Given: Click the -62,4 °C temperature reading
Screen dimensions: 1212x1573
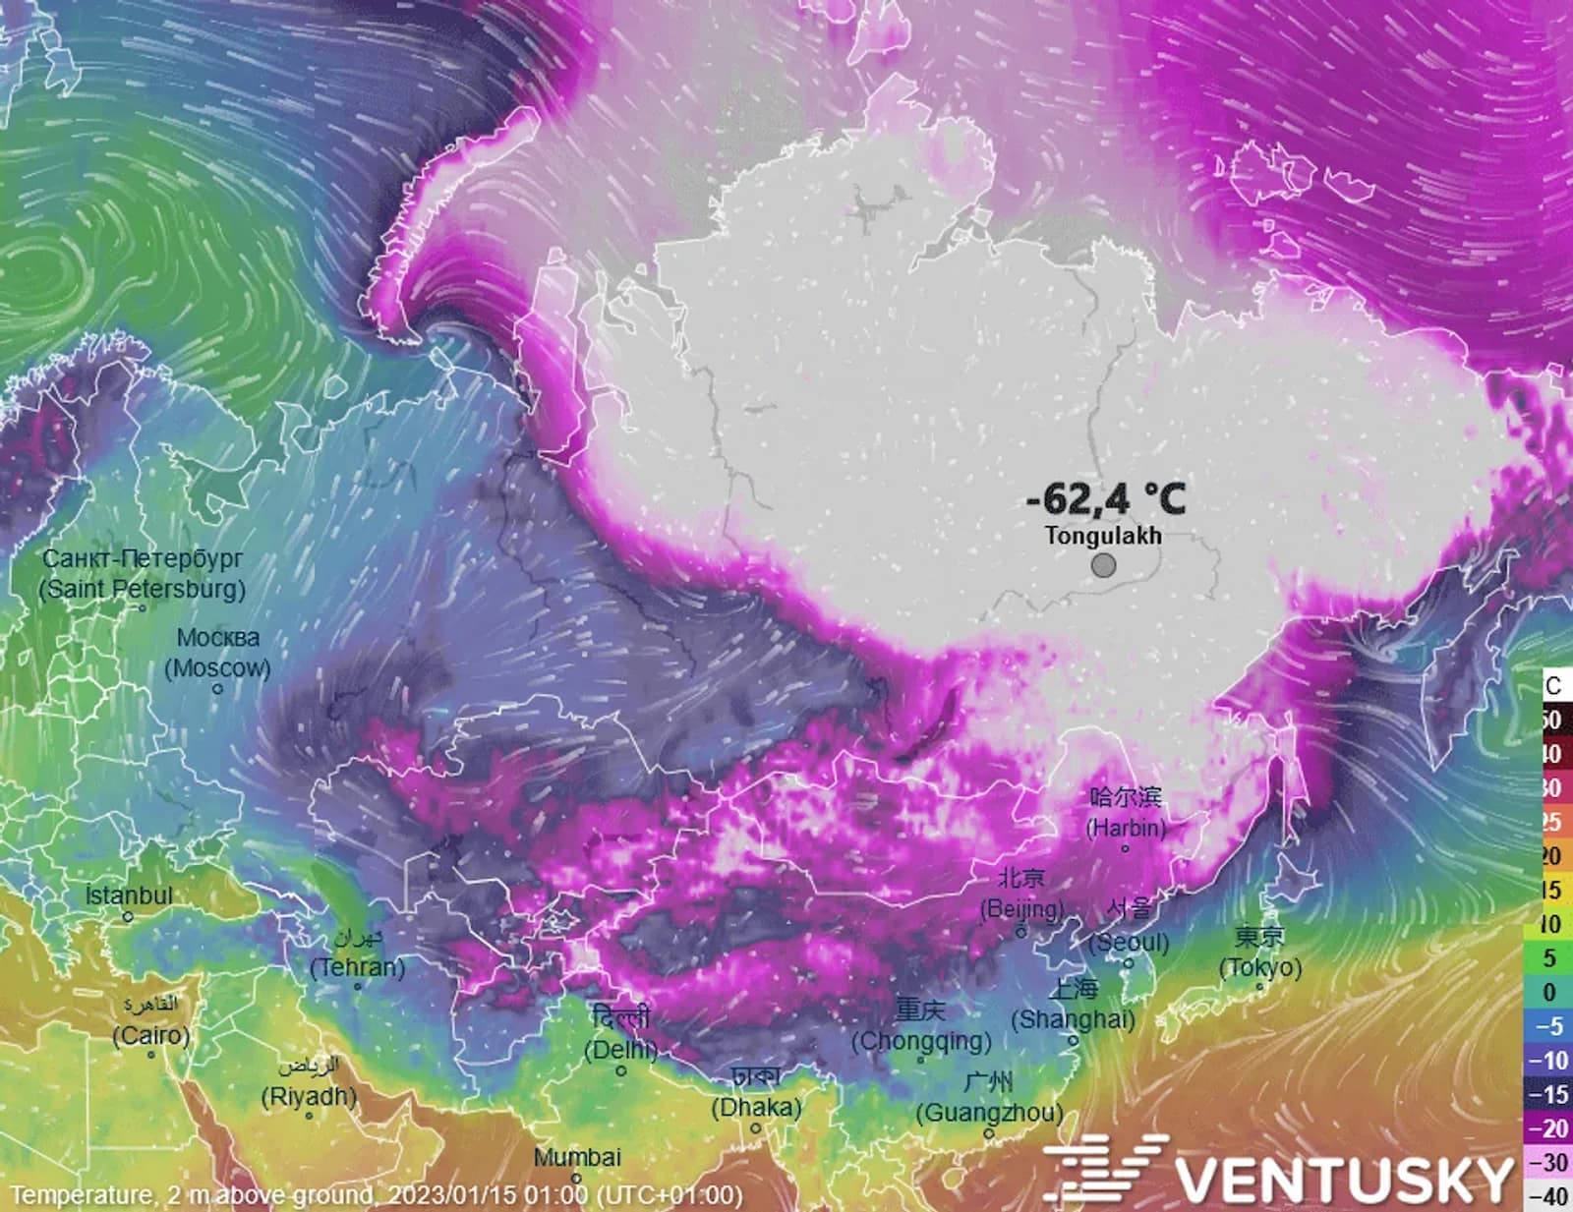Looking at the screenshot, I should [1105, 498].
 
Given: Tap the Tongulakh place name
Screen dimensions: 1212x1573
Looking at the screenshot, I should [1103, 536].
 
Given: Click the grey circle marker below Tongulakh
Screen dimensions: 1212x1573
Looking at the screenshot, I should [1103, 565].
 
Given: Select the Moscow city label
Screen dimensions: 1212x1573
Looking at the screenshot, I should [217, 653].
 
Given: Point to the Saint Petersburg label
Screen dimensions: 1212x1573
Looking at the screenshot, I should [143, 574].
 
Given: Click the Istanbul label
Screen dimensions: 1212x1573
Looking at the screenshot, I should [129, 896].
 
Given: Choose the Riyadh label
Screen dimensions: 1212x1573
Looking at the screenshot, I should [308, 1081].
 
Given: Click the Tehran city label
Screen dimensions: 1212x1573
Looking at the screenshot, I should [357, 953].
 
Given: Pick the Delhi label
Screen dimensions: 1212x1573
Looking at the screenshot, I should [621, 1034].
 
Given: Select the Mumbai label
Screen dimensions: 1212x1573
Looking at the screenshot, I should [577, 1158].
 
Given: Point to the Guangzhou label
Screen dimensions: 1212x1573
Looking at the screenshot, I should [989, 1098].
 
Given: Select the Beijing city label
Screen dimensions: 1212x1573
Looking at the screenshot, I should [1021, 894].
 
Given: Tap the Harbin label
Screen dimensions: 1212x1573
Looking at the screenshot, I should [1126, 813].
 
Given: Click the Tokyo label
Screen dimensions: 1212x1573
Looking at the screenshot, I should [1260, 952].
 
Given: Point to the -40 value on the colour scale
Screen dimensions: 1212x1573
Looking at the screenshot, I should [1551, 1196].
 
